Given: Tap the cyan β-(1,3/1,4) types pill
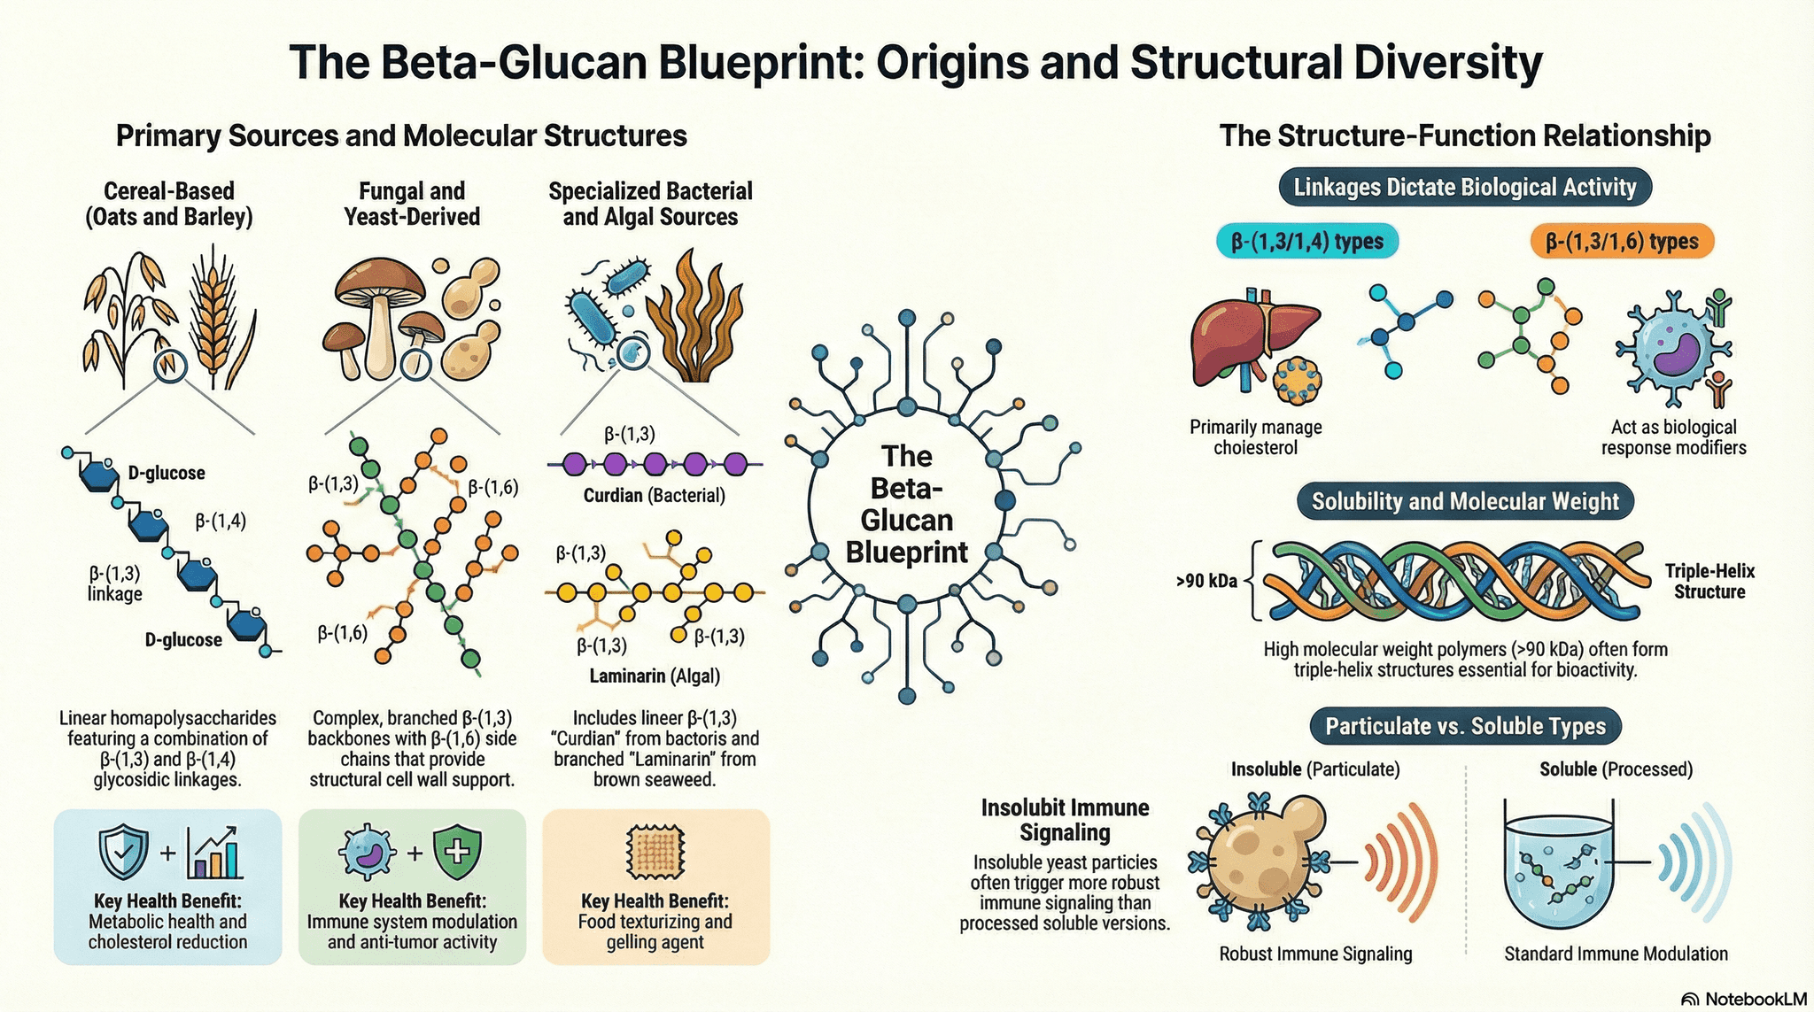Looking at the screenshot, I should point(1307,242).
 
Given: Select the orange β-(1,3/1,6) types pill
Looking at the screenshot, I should point(1622,242).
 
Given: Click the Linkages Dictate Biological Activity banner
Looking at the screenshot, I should point(1464,188).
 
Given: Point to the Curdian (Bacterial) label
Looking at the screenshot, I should point(654,496).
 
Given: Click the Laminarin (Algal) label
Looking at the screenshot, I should point(655,676).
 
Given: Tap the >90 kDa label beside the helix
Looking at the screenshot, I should point(1206,582).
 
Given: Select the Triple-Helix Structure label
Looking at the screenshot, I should point(1709,582).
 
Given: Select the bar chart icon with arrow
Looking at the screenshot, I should point(214,853).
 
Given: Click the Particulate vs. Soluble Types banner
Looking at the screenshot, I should point(1465,727).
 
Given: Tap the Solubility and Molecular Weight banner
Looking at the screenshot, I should point(1465,502).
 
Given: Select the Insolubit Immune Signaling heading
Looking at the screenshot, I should point(1065,820).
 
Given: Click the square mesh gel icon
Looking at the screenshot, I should point(655,853).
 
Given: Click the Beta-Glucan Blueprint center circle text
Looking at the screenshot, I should point(906,505).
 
